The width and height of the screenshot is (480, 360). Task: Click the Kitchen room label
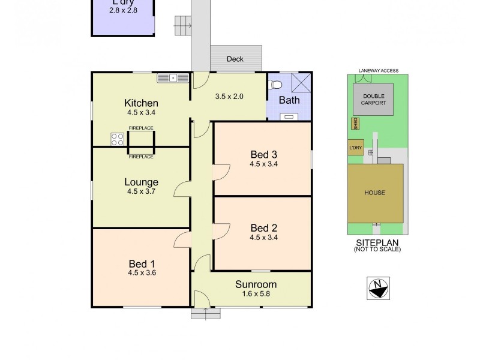tap(141, 103)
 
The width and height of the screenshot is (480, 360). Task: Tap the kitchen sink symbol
tap(172, 77)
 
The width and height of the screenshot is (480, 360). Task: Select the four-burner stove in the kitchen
tap(118, 139)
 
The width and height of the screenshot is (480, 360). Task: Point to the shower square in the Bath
tap(300, 82)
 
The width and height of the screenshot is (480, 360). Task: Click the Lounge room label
tap(141, 182)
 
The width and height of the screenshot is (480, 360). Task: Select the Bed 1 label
tap(141, 263)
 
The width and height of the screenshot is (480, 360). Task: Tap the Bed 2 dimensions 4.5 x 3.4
tap(263, 237)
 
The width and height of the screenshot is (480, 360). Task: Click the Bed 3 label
tap(263, 154)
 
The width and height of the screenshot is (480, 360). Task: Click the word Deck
tap(235, 59)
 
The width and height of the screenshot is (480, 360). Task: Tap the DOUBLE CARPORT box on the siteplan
tap(373, 99)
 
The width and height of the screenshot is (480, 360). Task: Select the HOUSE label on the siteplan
tap(375, 193)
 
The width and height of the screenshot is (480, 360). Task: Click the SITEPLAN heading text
tap(377, 242)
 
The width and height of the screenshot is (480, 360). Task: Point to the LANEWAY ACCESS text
tap(375, 71)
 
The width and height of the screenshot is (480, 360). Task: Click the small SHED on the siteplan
tap(355, 124)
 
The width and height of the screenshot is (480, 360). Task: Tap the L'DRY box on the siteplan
tap(355, 148)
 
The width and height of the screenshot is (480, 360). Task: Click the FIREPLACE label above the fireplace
tap(141, 128)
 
